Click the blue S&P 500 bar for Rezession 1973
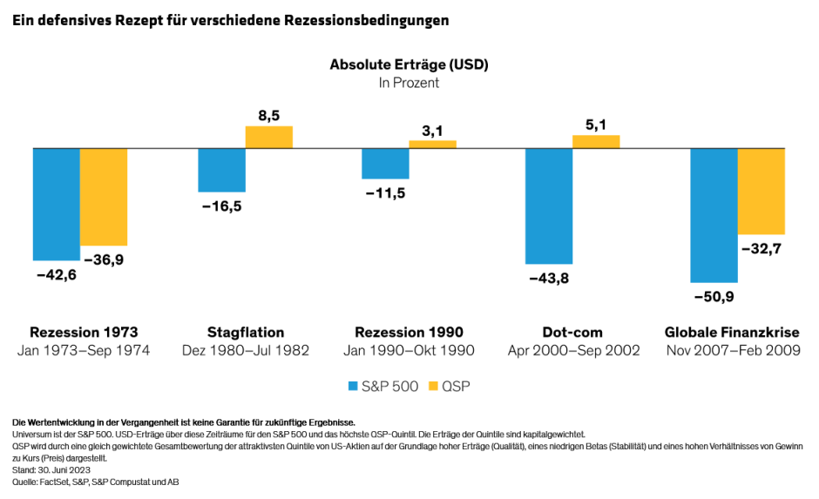click(57, 204)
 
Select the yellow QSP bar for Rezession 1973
click(104, 197)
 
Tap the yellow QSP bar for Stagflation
click(268, 138)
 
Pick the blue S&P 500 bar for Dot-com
click(549, 206)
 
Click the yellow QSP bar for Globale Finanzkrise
click(761, 192)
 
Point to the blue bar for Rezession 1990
click(385, 164)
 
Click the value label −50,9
click(714, 296)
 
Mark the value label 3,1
click(433, 131)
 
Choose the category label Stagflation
click(246, 333)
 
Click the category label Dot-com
click(572, 333)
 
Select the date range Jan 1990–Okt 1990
click(409, 351)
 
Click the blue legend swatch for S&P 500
click(352, 385)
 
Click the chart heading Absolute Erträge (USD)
click(409, 64)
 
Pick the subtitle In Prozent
click(409, 84)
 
